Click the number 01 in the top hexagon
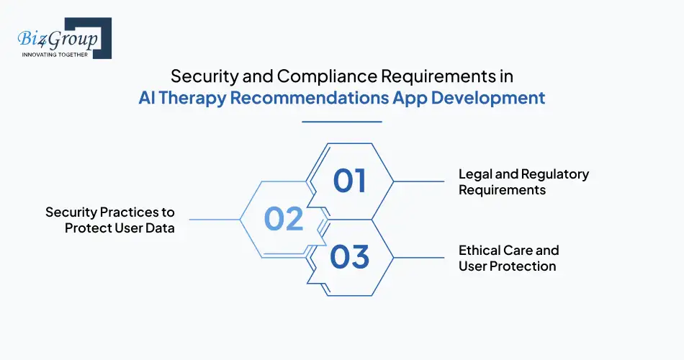(x=350, y=181)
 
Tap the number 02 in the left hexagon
(x=284, y=219)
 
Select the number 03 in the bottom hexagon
(x=350, y=257)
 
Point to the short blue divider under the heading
(x=341, y=122)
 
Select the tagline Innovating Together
(x=55, y=53)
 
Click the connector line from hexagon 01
(x=419, y=181)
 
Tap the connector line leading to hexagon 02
(x=214, y=220)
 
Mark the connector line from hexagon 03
(x=419, y=258)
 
